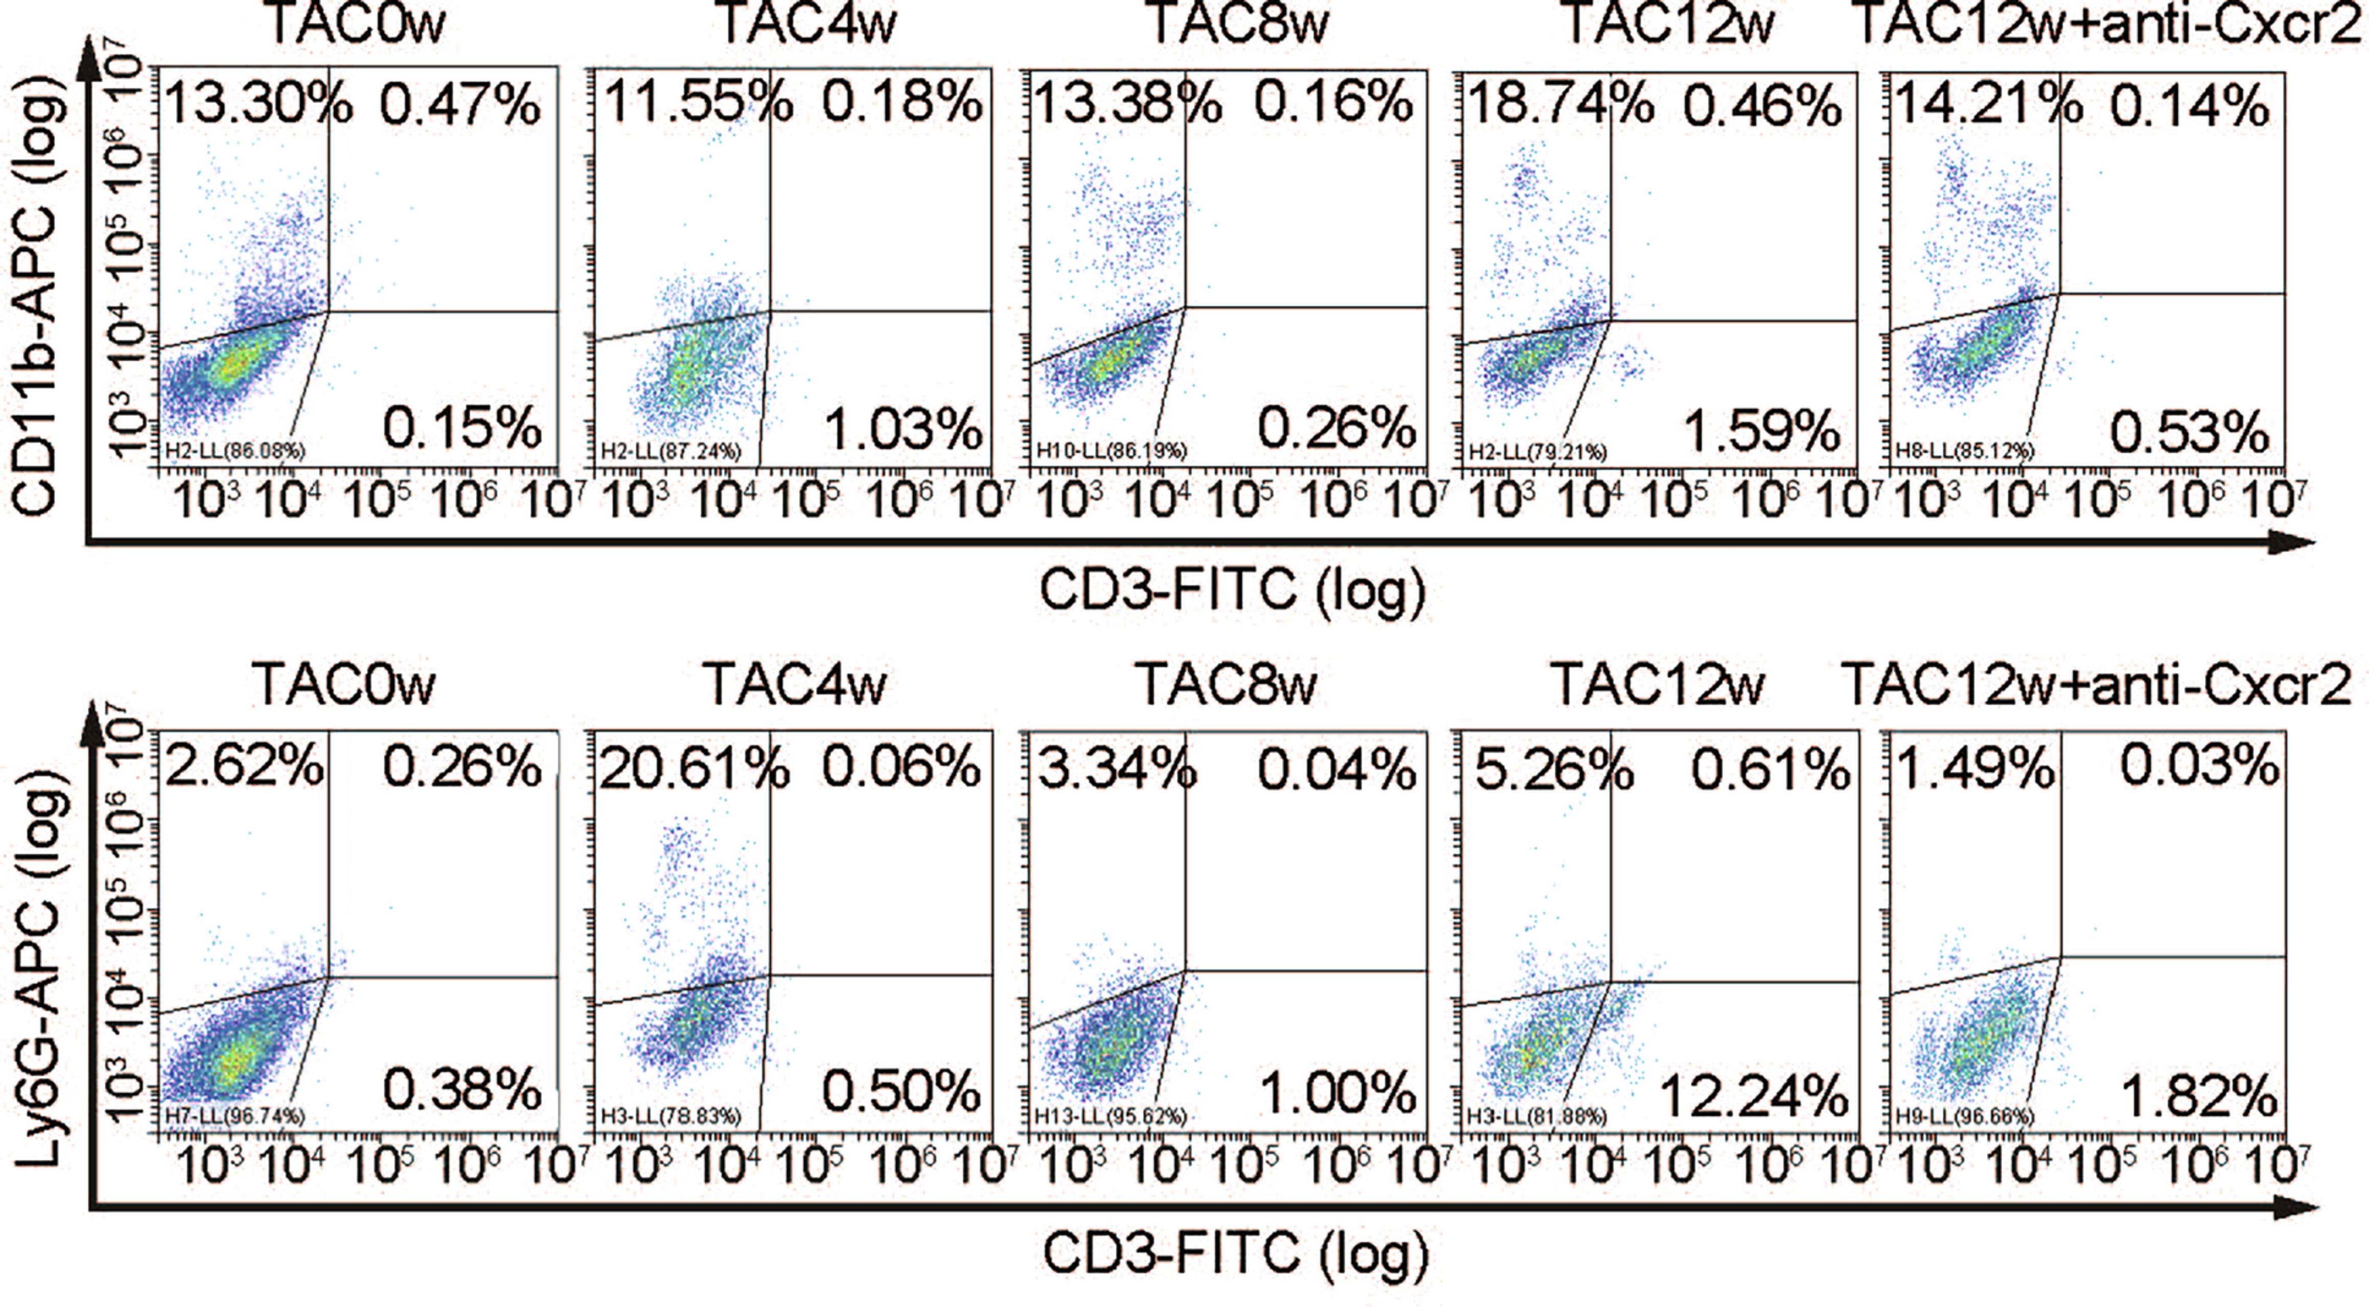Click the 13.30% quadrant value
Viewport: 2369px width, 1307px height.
[x=258, y=105]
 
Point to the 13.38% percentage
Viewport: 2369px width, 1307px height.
[x=1127, y=105]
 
